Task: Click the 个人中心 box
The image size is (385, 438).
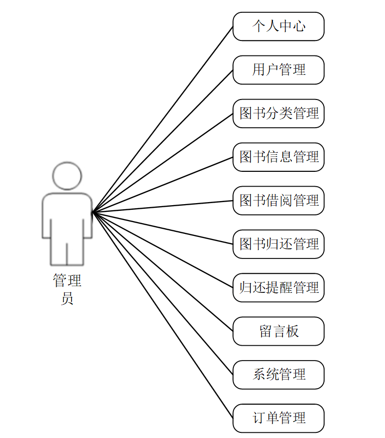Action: pyautogui.click(x=279, y=26)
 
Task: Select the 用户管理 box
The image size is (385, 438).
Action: pyautogui.click(x=279, y=70)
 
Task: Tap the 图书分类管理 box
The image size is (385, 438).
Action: pyautogui.click(x=279, y=113)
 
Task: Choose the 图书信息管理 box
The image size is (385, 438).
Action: pyautogui.click(x=279, y=157)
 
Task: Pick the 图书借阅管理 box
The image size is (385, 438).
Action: pyautogui.click(x=279, y=201)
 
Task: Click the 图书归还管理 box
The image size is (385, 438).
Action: pyautogui.click(x=279, y=244)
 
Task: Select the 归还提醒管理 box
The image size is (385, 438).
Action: pyautogui.click(x=279, y=288)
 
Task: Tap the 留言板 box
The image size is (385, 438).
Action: pyautogui.click(x=279, y=331)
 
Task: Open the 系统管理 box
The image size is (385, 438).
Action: pyautogui.click(x=279, y=375)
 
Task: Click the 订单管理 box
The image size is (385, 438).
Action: pyautogui.click(x=279, y=419)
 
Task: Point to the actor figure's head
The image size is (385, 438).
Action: pyautogui.click(x=67, y=176)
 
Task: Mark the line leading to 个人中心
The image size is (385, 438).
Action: pyautogui.click(x=163, y=119)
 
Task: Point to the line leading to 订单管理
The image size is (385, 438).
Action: pyautogui.click(x=163, y=315)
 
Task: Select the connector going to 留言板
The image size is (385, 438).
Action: pyautogui.click(x=163, y=271)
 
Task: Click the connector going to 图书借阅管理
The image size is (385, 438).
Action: pyautogui.click(x=163, y=206)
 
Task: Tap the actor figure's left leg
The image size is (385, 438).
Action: pyautogui.click(x=59, y=251)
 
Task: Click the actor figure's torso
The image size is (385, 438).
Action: pyautogui.click(x=67, y=215)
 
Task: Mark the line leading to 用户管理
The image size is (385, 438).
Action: pyautogui.click(x=163, y=141)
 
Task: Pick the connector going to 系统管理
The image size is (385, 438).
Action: pyautogui.click(x=163, y=293)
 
